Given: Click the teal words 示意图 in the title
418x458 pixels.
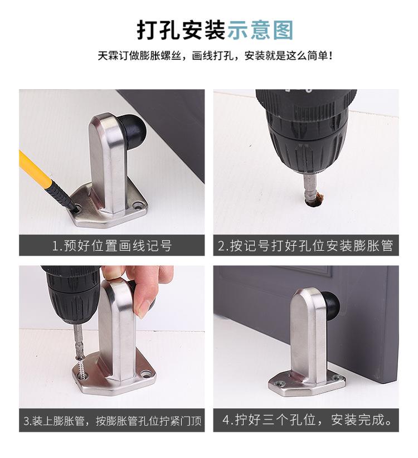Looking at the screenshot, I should coord(260,29).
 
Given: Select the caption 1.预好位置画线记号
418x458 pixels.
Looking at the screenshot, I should coord(111,246).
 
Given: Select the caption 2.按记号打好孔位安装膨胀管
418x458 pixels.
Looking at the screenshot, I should coord(305,246).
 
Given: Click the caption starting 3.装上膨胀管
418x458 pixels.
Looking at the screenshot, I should coord(111,421).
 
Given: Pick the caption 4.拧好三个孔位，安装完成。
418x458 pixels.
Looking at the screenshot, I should coord(305,420).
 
